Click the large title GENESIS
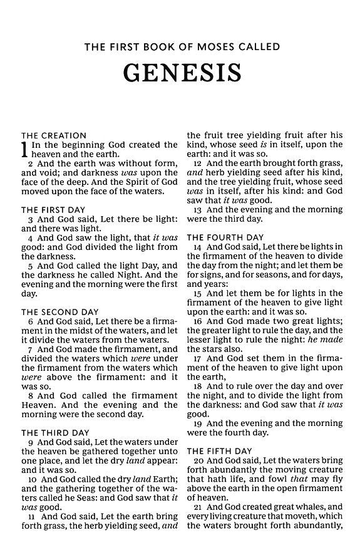[182, 73]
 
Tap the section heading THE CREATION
[54, 135]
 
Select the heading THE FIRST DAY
[53, 210]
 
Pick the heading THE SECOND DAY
[60, 311]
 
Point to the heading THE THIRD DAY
[56, 433]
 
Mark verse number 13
[197, 210]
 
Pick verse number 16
[197, 321]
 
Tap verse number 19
[197, 423]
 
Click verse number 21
[197, 506]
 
